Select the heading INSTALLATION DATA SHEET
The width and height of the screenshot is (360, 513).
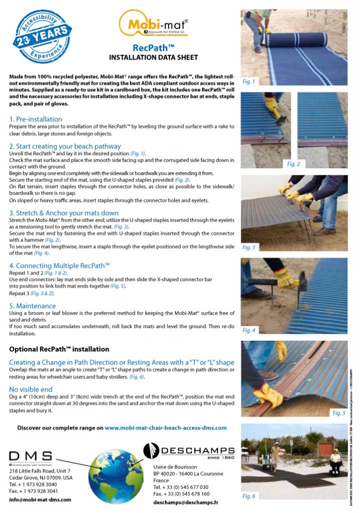tap(153, 58)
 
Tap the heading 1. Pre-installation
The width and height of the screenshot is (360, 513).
tap(36, 119)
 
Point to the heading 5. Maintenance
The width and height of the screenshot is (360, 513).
tap(33, 306)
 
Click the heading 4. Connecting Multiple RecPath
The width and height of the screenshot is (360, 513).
tap(60, 265)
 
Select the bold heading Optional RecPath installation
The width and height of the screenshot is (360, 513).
tap(59, 349)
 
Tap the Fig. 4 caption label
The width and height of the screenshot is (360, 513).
tap(249, 330)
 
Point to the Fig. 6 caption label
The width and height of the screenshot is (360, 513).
tap(249, 496)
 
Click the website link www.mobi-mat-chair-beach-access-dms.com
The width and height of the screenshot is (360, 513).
tap(165, 428)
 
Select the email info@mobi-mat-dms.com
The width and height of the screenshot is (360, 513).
tap(40, 499)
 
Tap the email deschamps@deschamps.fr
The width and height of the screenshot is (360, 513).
tap(186, 501)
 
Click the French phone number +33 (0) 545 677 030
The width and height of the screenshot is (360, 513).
tap(181, 487)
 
